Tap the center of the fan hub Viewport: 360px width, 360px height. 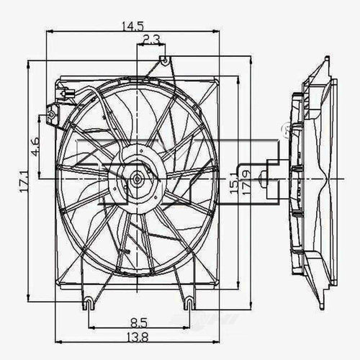pyautogui.click(x=135, y=177)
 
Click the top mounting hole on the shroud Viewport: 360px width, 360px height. pyautogui.click(x=164, y=60)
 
